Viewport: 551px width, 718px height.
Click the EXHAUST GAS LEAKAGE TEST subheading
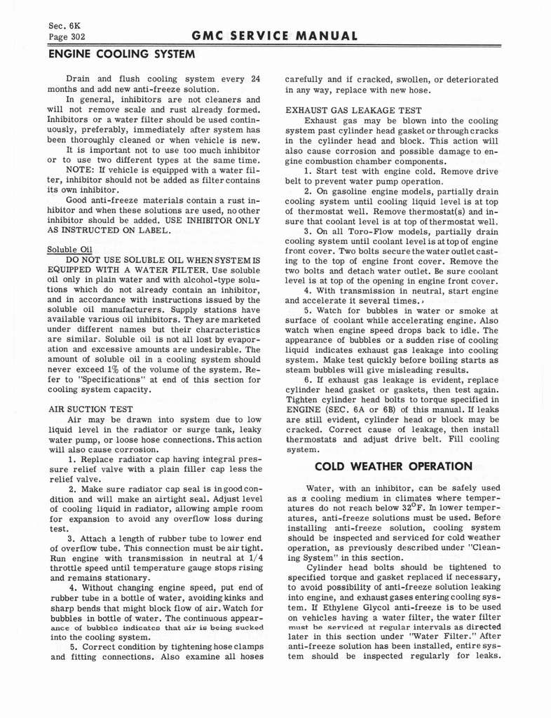click(353, 110)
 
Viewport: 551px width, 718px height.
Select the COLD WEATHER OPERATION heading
click(393, 466)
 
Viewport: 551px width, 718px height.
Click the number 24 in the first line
click(255, 79)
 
